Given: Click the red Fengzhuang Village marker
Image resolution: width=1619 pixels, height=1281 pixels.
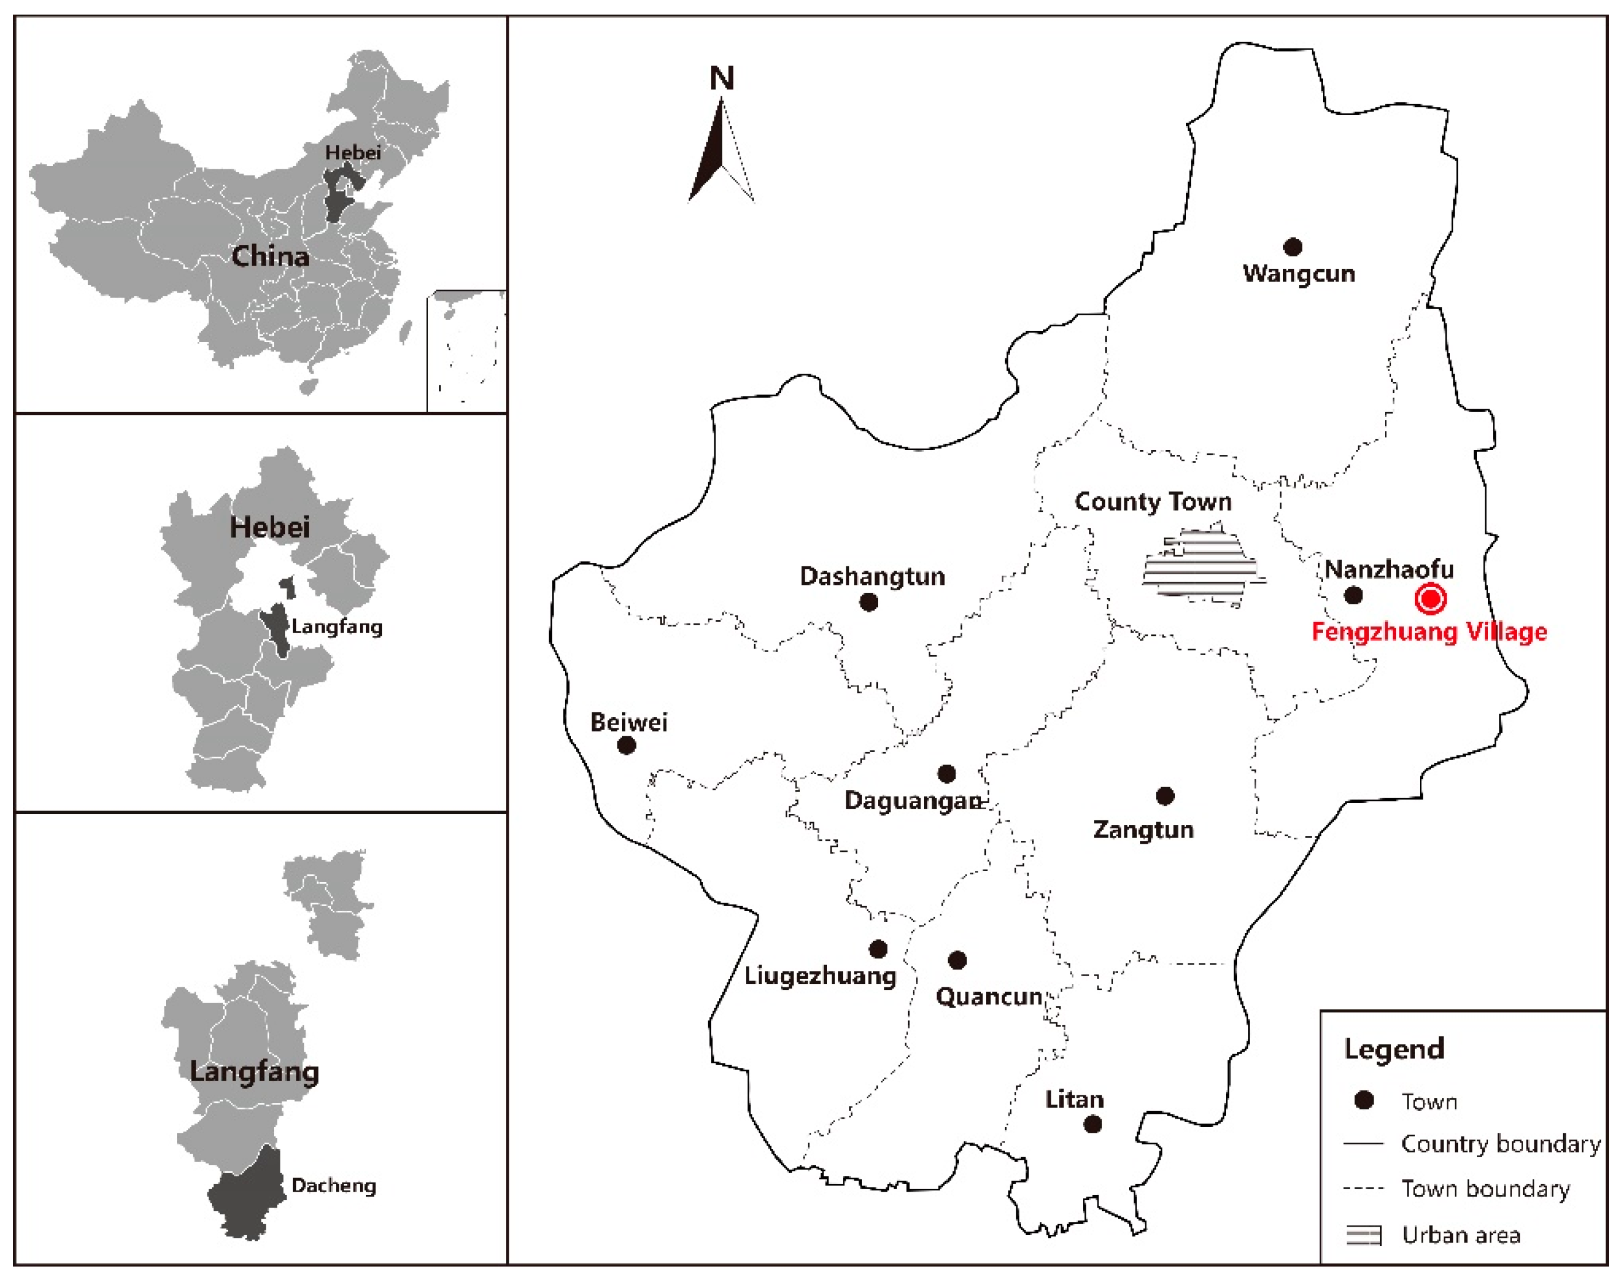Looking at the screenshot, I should tap(1430, 598).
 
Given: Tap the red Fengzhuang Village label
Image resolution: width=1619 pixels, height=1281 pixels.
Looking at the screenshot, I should tap(1429, 632).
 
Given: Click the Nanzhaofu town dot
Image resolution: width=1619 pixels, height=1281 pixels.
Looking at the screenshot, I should tap(1353, 596).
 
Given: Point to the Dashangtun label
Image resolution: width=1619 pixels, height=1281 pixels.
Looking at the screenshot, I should tap(872, 577).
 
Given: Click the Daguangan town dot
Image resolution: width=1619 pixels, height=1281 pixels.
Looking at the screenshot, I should tap(947, 773).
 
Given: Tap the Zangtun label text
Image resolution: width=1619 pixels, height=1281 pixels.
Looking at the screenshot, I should tap(1142, 830).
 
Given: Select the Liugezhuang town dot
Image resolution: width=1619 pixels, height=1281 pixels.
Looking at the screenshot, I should tap(878, 949).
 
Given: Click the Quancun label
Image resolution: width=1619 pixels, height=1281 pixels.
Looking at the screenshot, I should tap(989, 997).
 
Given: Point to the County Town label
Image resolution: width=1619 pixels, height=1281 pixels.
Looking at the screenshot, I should tap(1152, 502).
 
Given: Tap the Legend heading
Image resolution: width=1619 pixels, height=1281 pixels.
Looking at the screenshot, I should tap(1393, 1049).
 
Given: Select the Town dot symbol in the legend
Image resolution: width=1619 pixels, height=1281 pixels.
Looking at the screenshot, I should tap(1363, 1100).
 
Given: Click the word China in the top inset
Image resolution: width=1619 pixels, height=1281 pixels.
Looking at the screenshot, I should tap(270, 256).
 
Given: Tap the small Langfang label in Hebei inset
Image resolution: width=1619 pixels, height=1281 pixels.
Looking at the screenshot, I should tap(337, 626).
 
